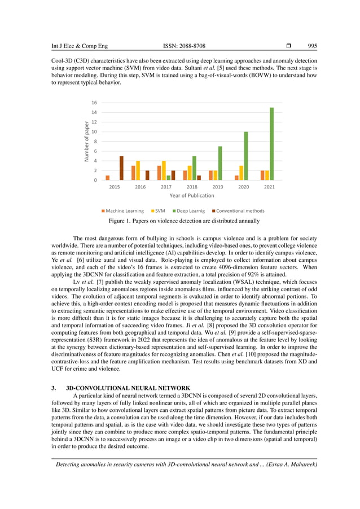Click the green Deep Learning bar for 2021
271,144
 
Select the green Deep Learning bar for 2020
245,156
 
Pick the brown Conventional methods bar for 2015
121,168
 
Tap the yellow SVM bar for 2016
138,170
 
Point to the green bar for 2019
220,163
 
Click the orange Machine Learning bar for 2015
108,178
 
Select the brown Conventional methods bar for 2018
199,178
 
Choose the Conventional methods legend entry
237,210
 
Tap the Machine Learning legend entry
122,210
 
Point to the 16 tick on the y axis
94,103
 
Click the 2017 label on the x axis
166,186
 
